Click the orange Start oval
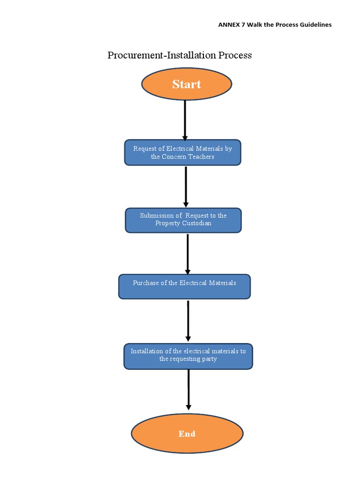pyautogui.click(x=187, y=84)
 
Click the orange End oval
pyautogui.click(x=187, y=434)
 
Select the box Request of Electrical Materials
pyautogui.click(x=183, y=152)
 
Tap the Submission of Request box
pyautogui.click(x=183, y=220)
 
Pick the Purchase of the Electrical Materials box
pyautogui.click(x=184, y=286)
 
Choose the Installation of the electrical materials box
pyautogui.click(x=188, y=356)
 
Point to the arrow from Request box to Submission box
pyautogui.click(x=186, y=186)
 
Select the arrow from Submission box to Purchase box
pyautogui.click(x=187, y=253)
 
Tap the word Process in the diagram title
pyautogui.click(x=235, y=55)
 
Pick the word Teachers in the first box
pyautogui.click(x=201, y=157)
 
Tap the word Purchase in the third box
pyautogui.click(x=144, y=283)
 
